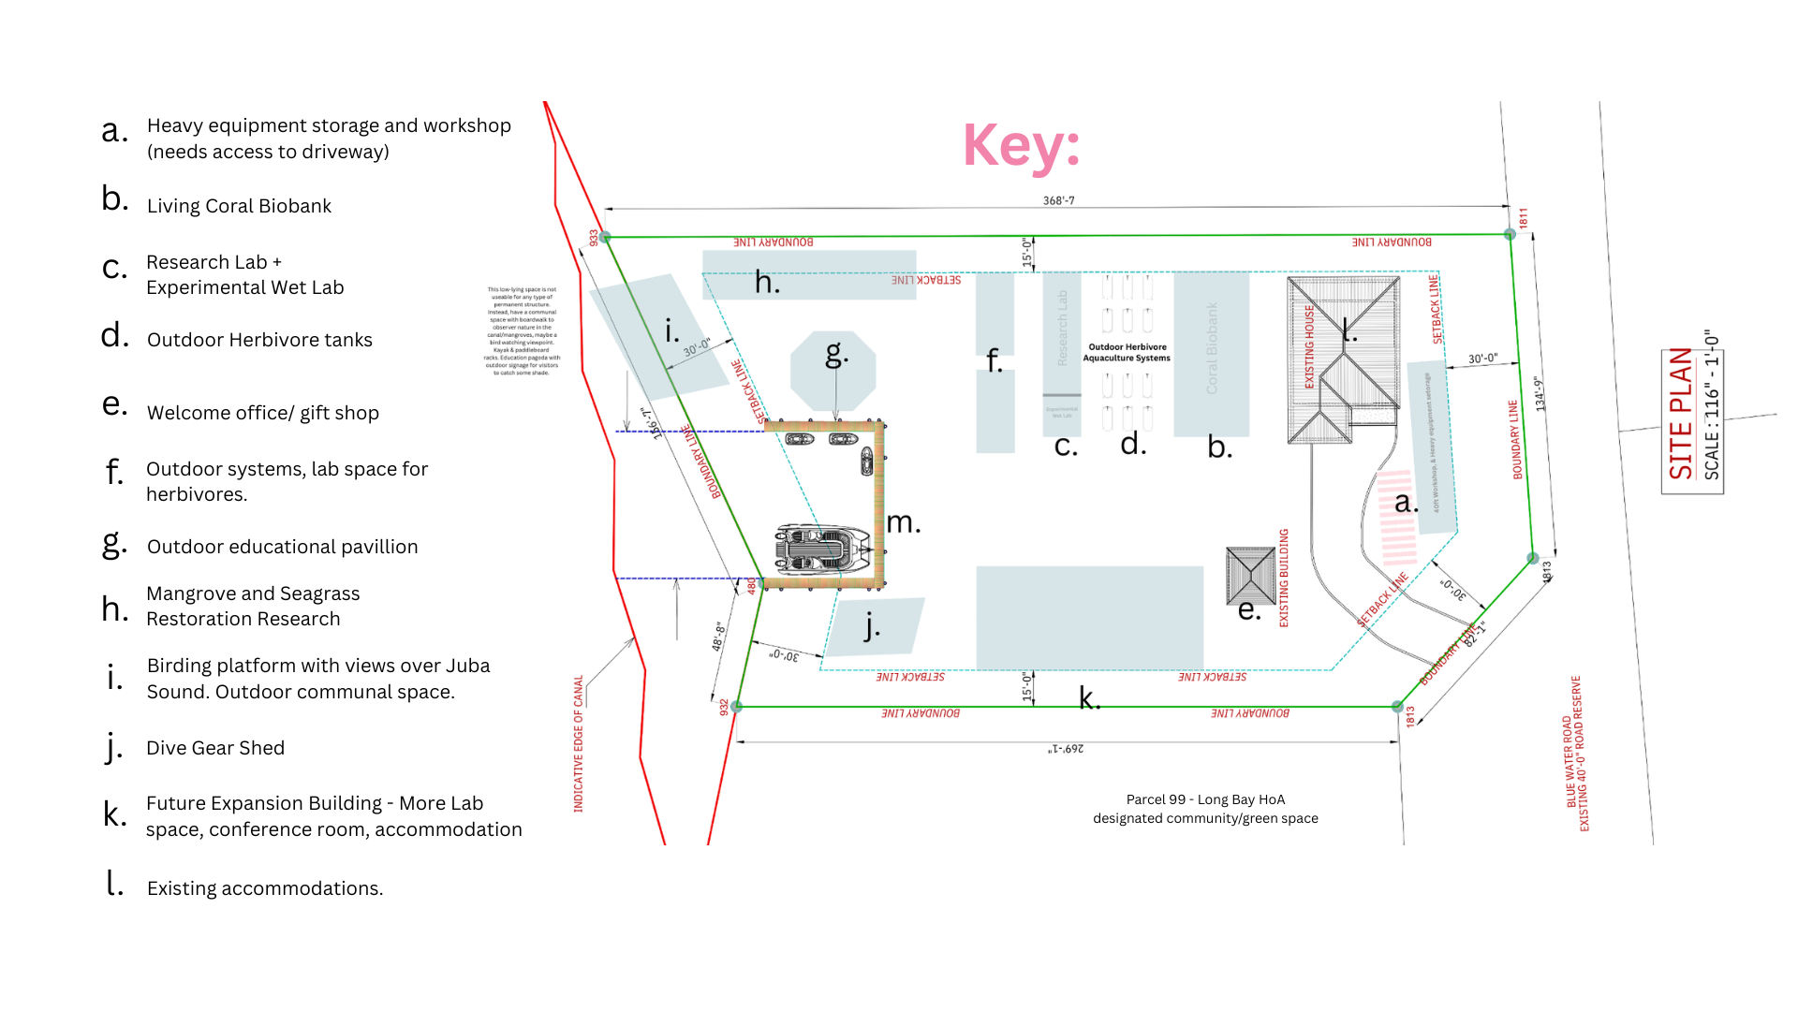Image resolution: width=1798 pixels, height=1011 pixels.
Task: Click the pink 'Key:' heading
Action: pos(1022,146)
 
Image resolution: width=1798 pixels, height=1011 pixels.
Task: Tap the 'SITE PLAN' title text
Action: pos(1681,414)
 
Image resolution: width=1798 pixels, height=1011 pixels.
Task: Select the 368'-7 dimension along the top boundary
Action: pos(1058,200)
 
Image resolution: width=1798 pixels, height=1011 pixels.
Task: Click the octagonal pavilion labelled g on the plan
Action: pos(833,371)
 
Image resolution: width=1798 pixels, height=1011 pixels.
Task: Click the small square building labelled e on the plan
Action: pos(1250,575)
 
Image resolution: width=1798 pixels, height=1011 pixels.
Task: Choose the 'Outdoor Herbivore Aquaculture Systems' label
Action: pos(1127,352)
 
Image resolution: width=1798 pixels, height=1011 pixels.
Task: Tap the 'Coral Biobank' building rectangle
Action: pos(1211,354)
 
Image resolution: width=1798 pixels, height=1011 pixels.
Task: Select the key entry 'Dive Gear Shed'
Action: pos(215,748)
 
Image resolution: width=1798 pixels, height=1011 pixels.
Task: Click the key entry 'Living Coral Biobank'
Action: pos(239,206)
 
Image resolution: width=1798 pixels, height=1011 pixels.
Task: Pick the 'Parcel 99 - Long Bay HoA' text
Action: pos(1205,799)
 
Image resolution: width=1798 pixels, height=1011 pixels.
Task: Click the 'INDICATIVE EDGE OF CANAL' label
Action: pos(578,743)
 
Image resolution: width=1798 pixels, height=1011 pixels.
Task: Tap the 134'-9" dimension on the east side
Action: pos(1539,394)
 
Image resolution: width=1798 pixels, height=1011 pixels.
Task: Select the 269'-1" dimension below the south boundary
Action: pos(1066,749)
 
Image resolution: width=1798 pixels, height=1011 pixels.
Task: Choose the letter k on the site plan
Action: pos(1088,697)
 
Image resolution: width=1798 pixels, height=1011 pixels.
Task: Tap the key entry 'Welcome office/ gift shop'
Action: pos(262,413)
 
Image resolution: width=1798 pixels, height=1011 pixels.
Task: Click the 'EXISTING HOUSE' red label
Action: pos(1309,347)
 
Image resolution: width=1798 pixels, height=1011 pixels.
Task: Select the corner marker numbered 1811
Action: pos(1510,234)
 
